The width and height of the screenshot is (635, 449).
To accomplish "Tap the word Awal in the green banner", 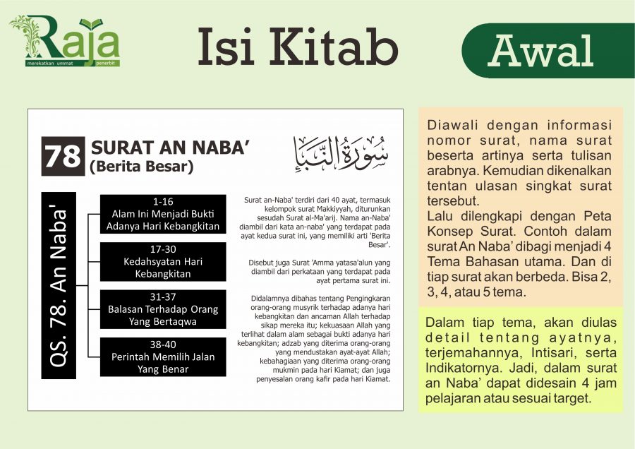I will pyautogui.click(x=540, y=50).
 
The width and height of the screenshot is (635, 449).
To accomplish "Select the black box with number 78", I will pyautogui.click(x=63, y=156).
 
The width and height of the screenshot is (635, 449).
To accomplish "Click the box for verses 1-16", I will pyautogui.click(x=163, y=214).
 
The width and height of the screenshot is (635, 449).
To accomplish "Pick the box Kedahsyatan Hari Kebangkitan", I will pyautogui.click(x=163, y=262).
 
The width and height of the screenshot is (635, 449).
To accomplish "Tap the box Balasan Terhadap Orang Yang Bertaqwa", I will pyautogui.click(x=163, y=309).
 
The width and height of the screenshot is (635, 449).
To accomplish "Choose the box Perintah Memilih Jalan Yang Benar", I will pyautogui.click(x=163, y=357).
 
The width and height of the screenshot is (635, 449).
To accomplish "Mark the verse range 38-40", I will pyautogui.click(x=163, y=345).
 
